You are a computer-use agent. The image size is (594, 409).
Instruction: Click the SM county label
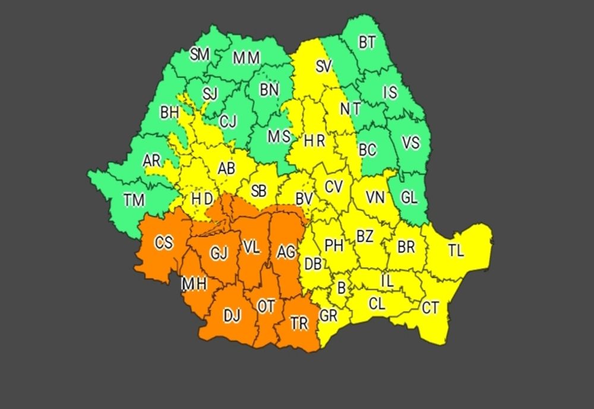pos(200,55)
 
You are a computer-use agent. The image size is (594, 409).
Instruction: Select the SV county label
pos(323,67)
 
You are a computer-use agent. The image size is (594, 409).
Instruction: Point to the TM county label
pos(134,200)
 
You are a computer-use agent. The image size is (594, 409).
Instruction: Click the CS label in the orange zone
pos(164,243)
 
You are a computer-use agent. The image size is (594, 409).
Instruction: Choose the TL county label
pos(456,251)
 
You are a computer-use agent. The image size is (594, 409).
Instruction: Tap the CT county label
pos(431,308)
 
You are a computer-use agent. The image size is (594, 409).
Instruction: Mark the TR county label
pos(299,323)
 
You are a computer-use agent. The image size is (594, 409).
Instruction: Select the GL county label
pos(409,198)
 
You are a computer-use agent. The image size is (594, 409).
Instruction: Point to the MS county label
pos(278,137)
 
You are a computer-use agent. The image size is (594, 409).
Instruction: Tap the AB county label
pos(226,168)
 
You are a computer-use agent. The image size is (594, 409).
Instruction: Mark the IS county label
pos(390,92)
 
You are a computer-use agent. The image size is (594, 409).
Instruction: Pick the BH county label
pos(169,112)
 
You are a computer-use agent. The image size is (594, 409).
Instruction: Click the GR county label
pos(328,316)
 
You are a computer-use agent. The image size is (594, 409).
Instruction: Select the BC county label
pos(368,149)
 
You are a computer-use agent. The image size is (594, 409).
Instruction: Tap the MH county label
pos(194,284)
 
